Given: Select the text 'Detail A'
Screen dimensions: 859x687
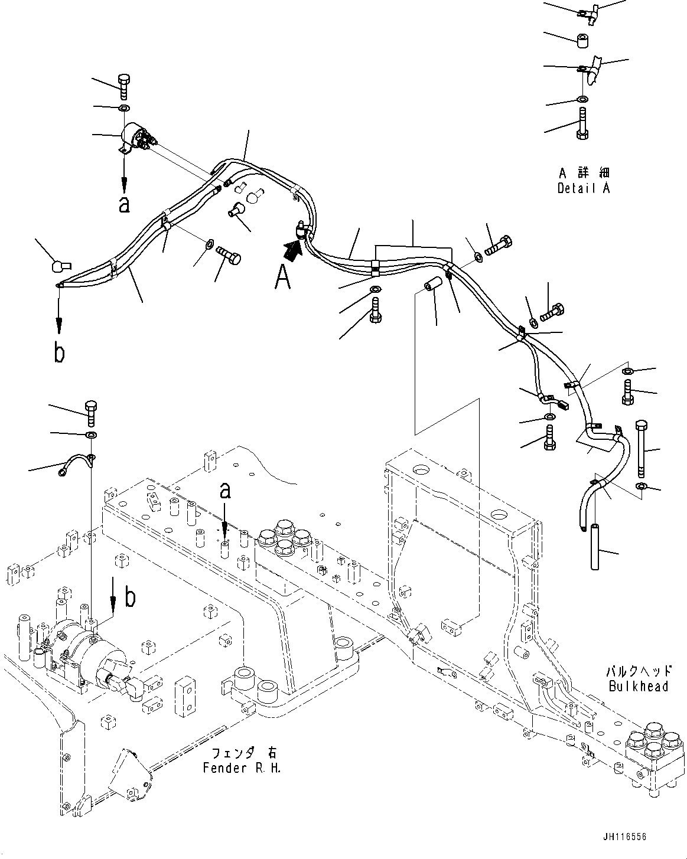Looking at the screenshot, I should tap(584, 188).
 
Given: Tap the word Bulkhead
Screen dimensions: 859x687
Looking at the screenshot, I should tap(640, 687).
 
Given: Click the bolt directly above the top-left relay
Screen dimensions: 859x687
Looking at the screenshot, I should tap(124, 87).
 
